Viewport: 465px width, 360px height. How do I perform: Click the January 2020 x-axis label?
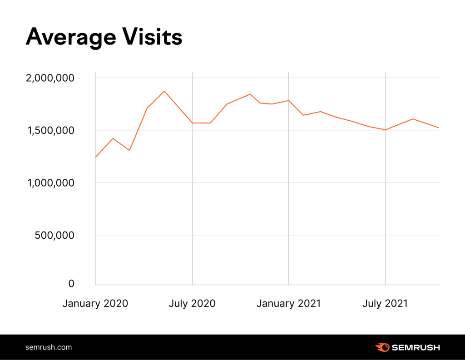[x=95, y=303]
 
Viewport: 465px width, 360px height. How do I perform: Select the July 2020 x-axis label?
[x=192, y=303]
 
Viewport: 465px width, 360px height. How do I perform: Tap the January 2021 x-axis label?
[x=288, y=303]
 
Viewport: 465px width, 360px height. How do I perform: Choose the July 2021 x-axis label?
[x=385, y=303]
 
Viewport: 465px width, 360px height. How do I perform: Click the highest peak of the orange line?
[x=165, y=91]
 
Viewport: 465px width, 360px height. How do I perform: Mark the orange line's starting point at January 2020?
[x=95, y=157]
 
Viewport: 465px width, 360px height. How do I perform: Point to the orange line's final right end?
[x=439, y=128]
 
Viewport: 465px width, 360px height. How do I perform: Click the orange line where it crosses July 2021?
[x=386, y=130]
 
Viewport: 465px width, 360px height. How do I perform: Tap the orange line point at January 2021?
[x=289, y=100]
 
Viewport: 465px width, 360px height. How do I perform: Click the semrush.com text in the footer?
[x=49, y=347]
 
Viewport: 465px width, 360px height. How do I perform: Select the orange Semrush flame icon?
[x=382, y=348]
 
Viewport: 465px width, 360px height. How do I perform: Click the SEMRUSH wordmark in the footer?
[x=416, y=348]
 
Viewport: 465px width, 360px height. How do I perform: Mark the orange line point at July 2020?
[x=193, y=123]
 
